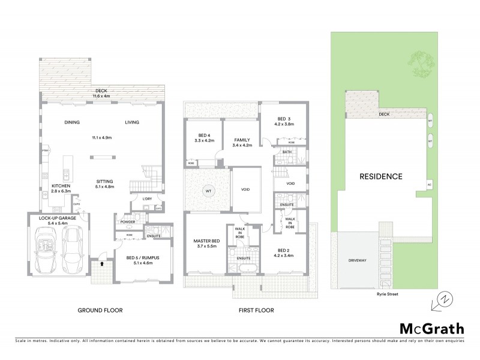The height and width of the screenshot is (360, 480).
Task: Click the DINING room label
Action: [73, 122]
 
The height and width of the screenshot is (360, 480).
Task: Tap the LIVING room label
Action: [131, 122]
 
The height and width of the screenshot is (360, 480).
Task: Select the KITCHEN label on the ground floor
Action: [60, 186]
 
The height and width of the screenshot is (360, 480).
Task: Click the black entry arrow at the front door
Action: [102, 263]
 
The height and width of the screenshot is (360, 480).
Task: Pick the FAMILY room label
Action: [242, 140]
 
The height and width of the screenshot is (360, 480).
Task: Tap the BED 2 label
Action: [285, 250]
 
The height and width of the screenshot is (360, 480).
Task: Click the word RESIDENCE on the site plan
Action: [380, 176]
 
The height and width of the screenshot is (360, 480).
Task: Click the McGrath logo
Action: [431, 328]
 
